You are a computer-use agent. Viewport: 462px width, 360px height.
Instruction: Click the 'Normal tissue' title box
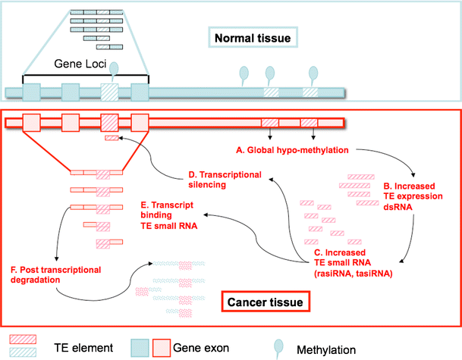253,36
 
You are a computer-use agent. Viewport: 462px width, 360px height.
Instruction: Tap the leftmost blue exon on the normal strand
32,92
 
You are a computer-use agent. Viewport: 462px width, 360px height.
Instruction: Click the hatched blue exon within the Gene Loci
110,92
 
